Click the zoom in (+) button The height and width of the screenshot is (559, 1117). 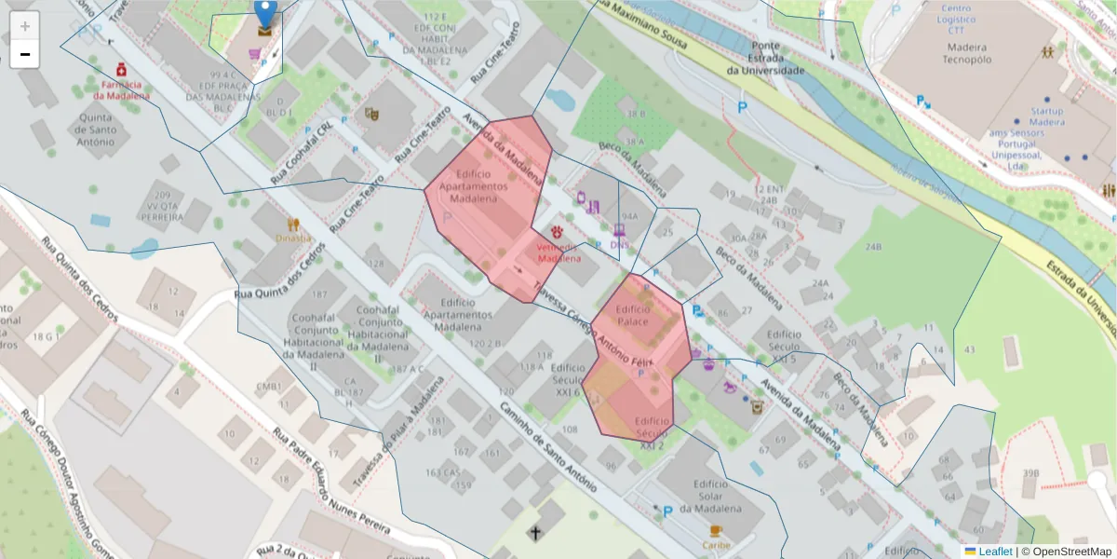point(25,26)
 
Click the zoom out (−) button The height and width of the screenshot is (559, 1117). point(25,55)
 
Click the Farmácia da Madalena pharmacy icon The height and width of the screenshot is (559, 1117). point(121,70)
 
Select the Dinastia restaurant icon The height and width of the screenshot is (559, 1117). point(294,224)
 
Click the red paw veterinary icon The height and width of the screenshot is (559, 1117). point(558,230)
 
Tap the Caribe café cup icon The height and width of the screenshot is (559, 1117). point(715,531)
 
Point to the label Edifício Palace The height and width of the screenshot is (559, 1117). point(632,315)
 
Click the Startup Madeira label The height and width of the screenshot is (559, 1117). point(1046,116)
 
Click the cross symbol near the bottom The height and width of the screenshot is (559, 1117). point(535,533)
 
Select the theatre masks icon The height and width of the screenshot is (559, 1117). point(371,114)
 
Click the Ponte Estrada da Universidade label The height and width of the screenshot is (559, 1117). point(765,58)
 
